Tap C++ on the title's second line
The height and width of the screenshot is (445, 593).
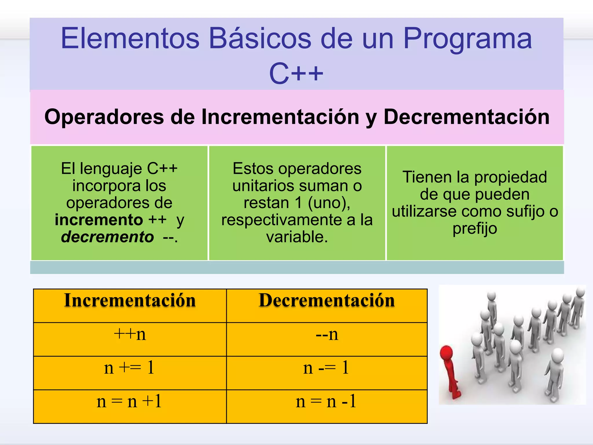pos(296,74)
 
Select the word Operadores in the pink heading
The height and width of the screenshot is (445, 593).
pos(104,117)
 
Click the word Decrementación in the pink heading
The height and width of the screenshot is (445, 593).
pos(466,117)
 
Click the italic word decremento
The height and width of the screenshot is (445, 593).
pos(107,237)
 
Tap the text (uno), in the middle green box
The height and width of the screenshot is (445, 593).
pos(329,203)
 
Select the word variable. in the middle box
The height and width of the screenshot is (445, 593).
pos(297,237)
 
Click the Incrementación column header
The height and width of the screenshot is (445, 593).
pos(130,300)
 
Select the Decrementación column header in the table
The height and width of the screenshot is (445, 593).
pos(327,300)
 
